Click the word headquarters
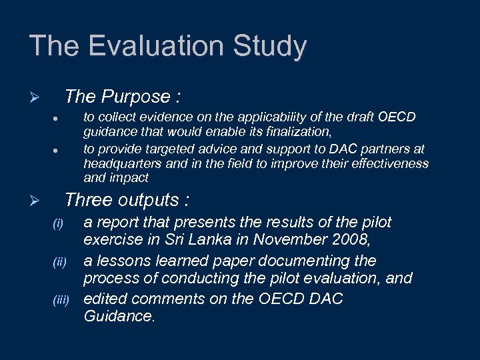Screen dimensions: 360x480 coord(126,164)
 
